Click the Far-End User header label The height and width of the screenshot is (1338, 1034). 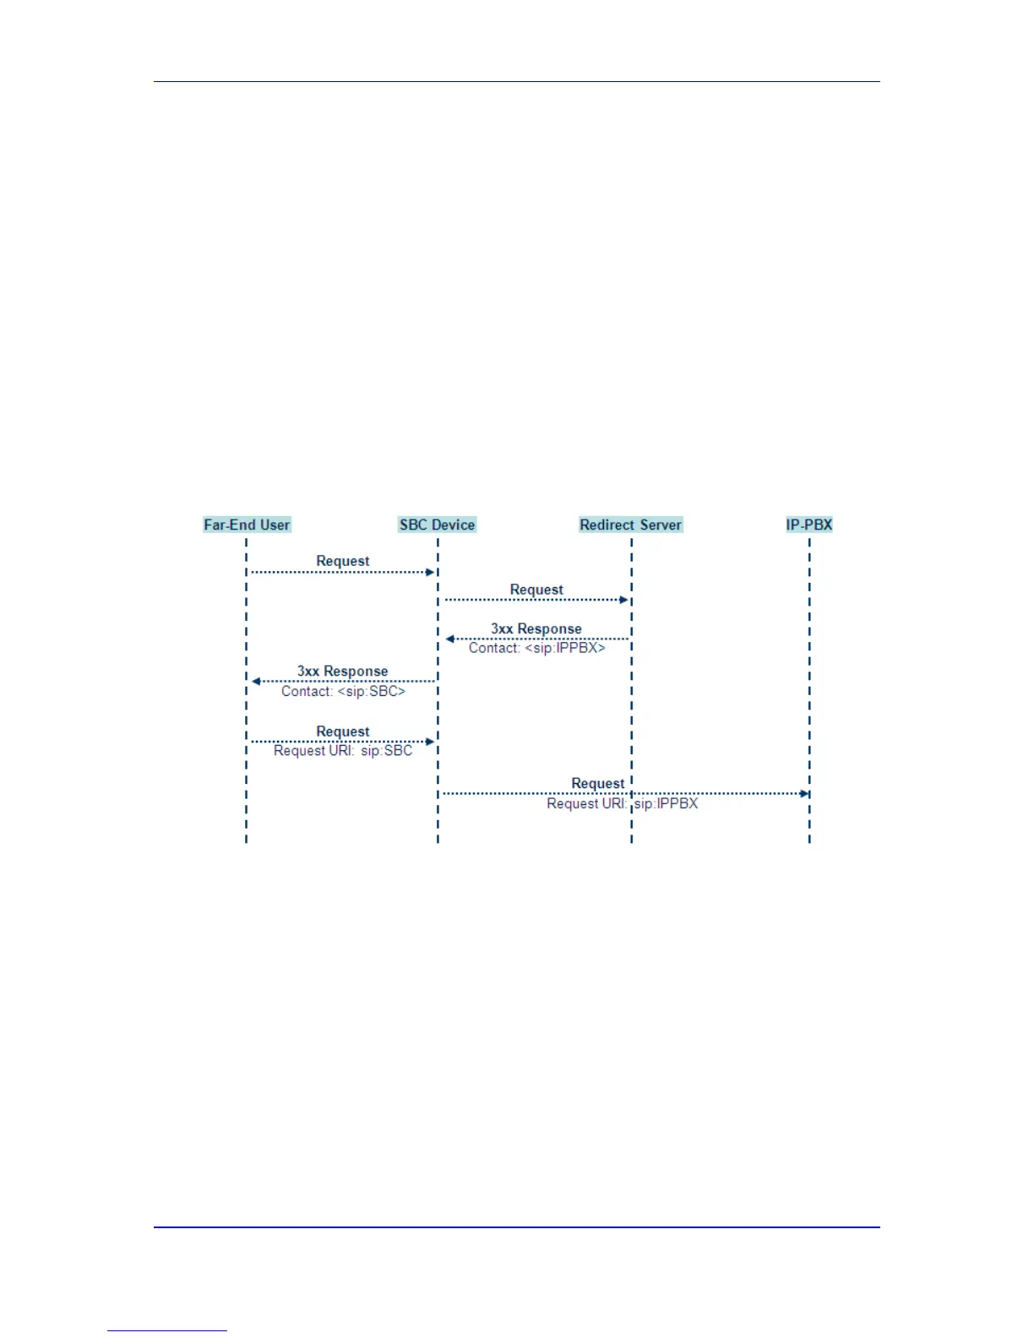pos(247,525)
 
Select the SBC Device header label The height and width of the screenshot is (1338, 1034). pos(437,525)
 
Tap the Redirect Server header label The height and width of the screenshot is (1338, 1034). pos(630,525)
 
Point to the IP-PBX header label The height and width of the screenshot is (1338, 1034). pos(808,525)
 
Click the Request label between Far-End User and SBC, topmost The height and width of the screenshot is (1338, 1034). pos(342,561)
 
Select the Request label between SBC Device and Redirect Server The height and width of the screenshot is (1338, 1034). pos(536,590)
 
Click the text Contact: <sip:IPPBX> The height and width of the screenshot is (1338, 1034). pos(537,648)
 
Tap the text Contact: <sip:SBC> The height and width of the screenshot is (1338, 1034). pos(343,691)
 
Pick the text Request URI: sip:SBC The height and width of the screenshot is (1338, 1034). pos(343,751)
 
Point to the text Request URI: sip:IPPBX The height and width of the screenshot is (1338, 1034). pos(622,803)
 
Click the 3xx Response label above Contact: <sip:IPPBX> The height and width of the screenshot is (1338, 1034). pos(536,629)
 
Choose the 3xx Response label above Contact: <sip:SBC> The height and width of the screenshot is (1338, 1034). pos(342,672)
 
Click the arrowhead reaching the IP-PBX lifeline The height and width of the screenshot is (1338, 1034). pos(805,794)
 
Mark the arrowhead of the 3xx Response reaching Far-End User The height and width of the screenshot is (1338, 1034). pos(256,681)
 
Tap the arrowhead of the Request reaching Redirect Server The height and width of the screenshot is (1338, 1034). pos(624,600)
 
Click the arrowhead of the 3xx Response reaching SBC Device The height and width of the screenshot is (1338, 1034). pos(450,639)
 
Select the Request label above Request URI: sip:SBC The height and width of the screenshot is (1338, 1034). pos(342,732)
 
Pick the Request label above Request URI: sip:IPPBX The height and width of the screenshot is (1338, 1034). pos(597,784)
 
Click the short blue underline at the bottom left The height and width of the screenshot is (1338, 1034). pos(167,1330)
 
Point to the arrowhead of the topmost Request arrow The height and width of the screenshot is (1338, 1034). pos(430,572)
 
